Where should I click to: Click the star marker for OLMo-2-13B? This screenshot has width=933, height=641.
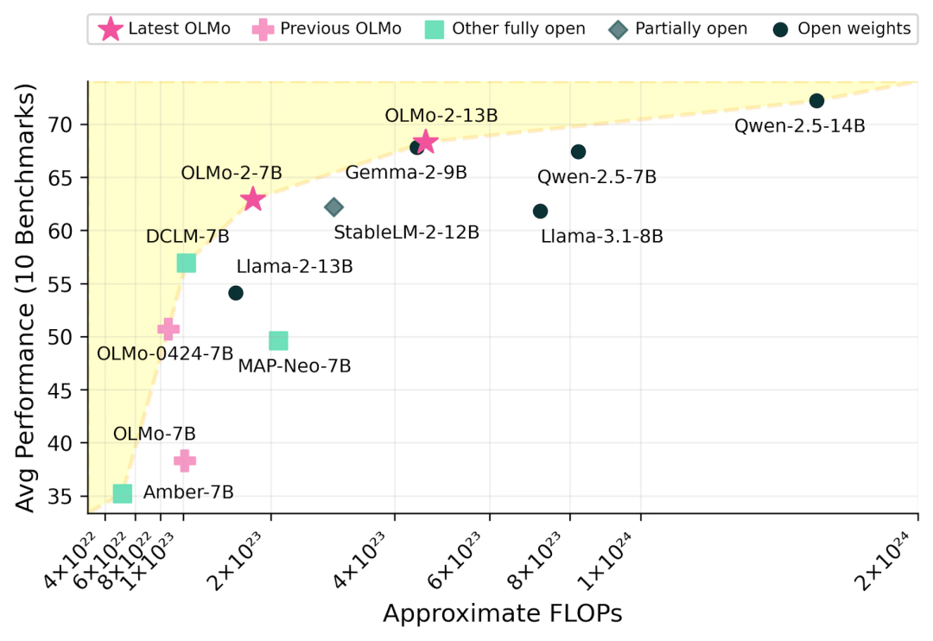[x=424, y=142]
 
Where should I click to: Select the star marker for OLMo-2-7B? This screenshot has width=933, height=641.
[x=252, y=200]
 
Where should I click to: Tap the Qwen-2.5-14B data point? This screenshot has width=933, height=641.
[x=816, y=101]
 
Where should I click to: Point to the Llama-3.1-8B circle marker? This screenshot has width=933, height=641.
[x=541, y=212]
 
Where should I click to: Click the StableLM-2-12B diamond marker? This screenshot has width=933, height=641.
[x=334, y=207]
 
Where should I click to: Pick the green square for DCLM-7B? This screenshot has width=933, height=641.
[x=186, y=263]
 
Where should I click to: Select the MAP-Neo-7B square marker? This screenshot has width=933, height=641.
[x=278, y=340]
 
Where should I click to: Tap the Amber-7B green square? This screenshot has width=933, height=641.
[x=123, y=493]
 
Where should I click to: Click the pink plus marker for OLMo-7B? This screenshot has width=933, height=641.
[x=185, y=461]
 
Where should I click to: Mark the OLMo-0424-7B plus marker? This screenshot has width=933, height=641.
[x=168, y=328]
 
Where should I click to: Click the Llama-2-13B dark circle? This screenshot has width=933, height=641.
[x=236, y=293]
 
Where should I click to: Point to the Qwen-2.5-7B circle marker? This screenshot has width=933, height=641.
[x=579, y=152]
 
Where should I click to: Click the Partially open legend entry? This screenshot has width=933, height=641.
[x=678, y=29]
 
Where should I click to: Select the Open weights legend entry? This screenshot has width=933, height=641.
[x=841, y=29]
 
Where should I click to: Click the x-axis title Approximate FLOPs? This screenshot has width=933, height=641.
[x=502, y=613]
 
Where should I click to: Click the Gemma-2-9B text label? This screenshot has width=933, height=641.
[x=405, y=173]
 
